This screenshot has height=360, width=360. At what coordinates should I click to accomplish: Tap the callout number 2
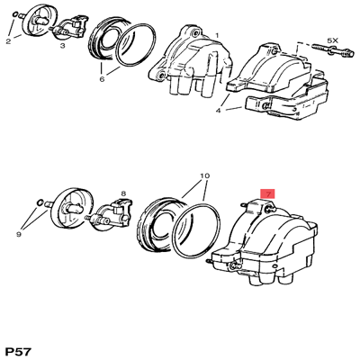8,41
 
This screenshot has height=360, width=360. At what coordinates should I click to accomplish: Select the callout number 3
62,44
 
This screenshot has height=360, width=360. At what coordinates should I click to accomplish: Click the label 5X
331,41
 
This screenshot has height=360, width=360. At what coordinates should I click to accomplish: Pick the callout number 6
103,78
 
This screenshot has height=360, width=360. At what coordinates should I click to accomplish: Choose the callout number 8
123,192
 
